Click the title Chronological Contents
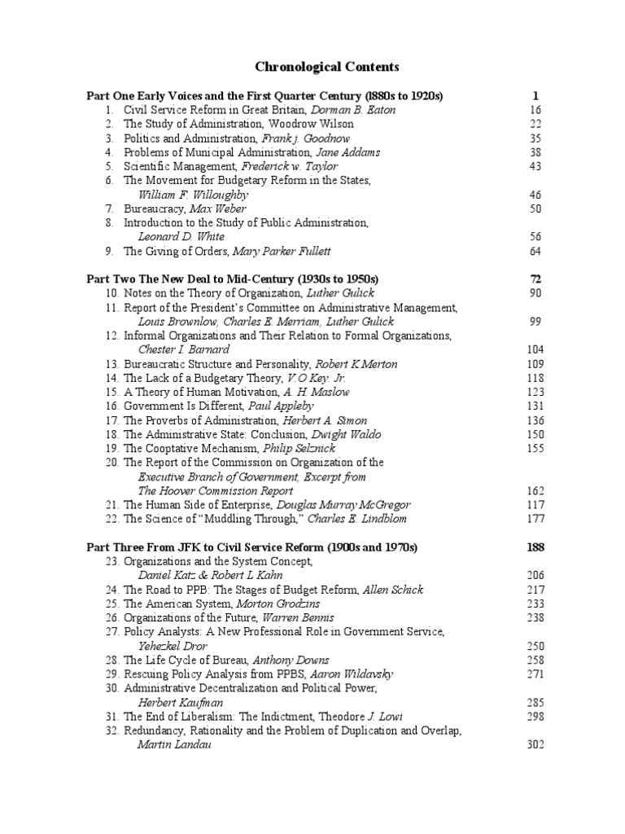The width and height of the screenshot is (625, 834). click(x=317, y=67)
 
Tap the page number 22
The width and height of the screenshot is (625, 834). click(x=535, y=124)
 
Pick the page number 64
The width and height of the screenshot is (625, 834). click(x=535, y=251)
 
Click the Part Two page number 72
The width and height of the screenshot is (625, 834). click(x=535, y=279)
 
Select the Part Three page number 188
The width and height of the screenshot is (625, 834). click(x=535, y=546)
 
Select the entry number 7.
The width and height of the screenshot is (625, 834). click(x=109, y=209)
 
